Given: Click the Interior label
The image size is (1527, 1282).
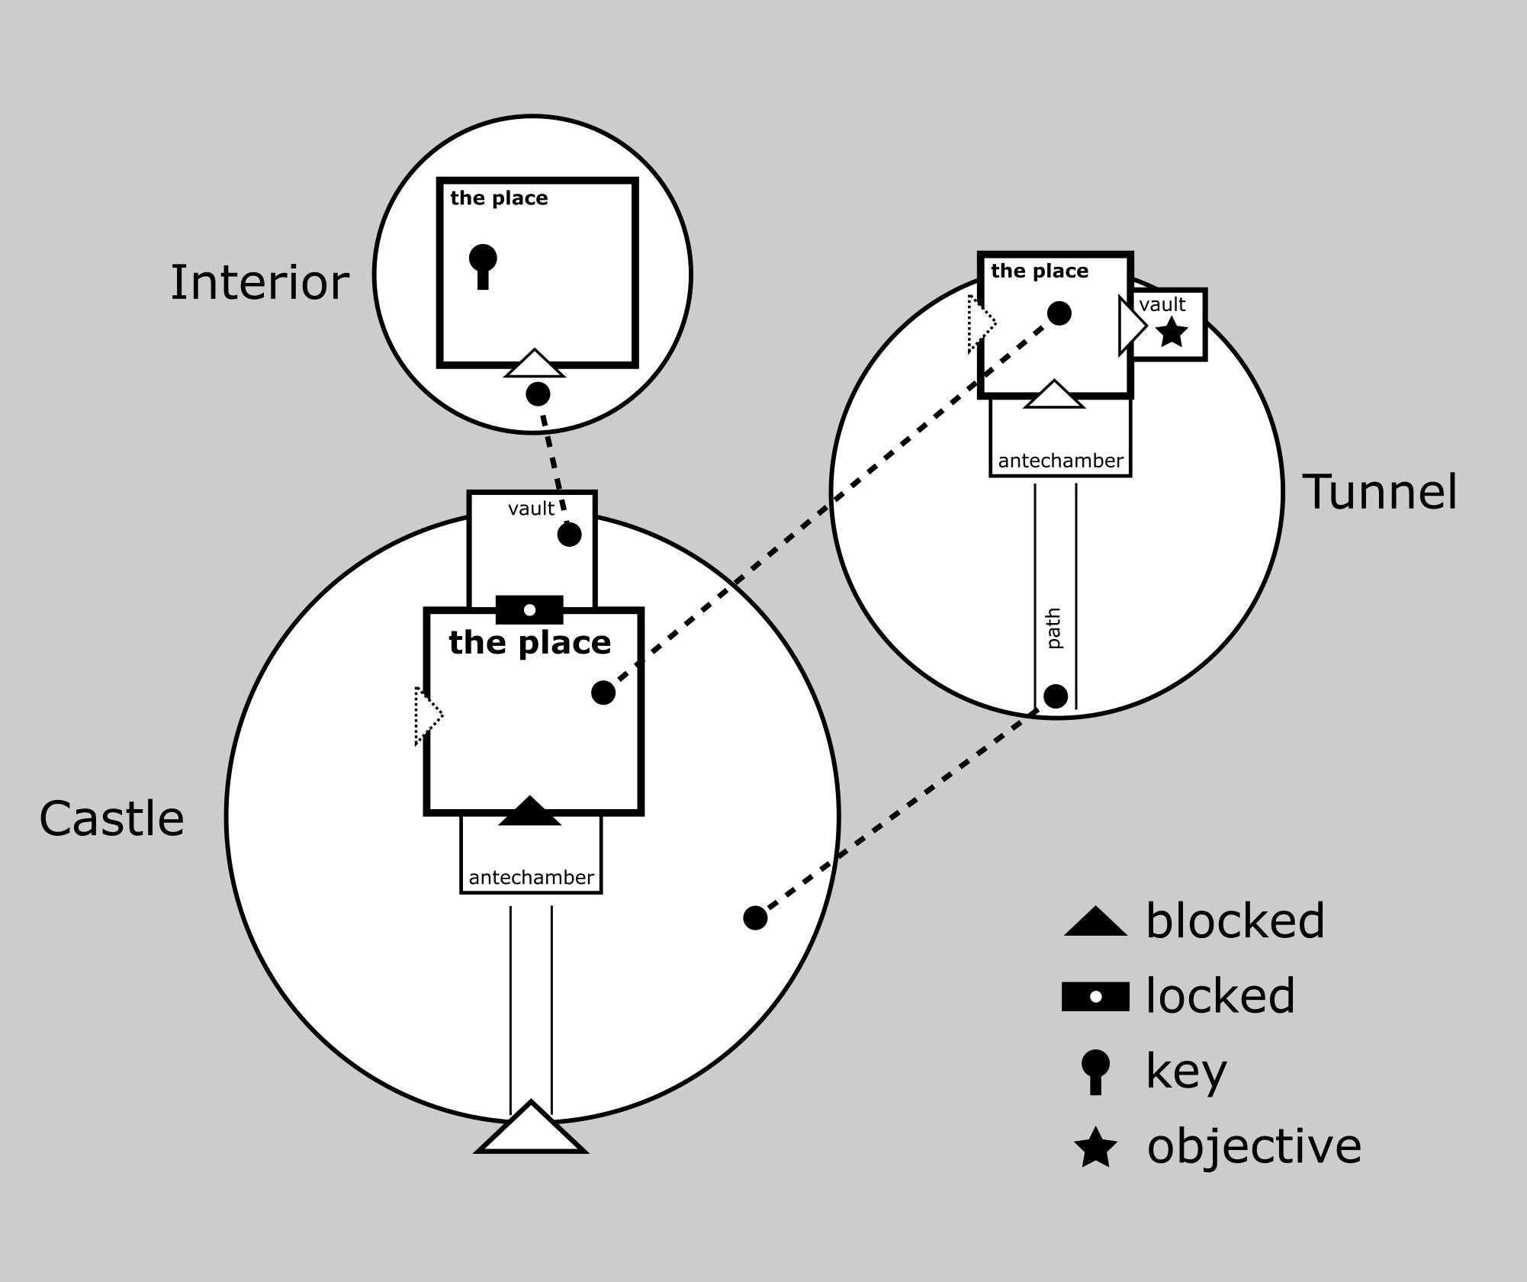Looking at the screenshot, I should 259,283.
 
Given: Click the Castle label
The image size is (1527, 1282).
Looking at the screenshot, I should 111,820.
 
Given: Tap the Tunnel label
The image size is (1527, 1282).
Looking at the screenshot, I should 1380,492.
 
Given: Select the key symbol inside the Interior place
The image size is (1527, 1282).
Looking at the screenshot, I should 482,265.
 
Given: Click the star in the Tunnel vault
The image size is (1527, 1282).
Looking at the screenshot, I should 1172,333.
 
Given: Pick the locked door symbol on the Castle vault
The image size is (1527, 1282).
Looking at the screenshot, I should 529,609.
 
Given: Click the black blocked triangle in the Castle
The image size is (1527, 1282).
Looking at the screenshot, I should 529,811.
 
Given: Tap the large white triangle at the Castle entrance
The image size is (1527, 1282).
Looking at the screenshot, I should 531,1130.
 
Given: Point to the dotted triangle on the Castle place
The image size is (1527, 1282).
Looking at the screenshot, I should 426,715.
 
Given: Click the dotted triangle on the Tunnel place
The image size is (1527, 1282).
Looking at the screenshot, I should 980,324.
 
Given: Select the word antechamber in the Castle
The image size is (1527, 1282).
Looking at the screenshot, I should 531,878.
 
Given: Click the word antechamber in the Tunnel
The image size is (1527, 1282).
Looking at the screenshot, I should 1060,461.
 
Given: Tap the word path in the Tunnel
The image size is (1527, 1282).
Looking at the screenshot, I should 1054,628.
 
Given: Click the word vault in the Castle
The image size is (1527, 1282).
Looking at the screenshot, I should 531,509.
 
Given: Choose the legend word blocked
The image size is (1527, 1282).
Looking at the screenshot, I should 1235,921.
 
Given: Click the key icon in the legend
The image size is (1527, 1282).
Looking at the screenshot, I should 1095,1071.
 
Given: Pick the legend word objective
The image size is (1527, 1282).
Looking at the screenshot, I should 1254,1146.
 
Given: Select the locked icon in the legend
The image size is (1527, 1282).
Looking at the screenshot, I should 1095,997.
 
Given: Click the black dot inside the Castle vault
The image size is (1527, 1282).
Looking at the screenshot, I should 569,535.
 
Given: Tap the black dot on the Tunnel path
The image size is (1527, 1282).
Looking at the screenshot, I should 1056,696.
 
